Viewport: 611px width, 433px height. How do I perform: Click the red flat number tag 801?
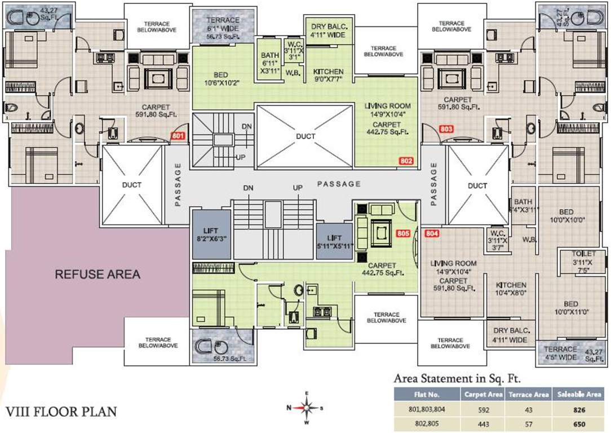(x=178, y=136)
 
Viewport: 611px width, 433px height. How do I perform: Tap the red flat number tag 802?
(x=406, y=161)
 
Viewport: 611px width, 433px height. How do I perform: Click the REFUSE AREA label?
(x=97, y=275)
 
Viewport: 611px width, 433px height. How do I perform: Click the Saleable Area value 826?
(x=580, y=409)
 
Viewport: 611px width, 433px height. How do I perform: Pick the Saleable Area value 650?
(x=580, y=424)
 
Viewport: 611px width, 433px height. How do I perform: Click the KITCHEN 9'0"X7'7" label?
(x=329, y=76)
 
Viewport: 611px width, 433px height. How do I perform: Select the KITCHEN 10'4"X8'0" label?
(x=511, y=289)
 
